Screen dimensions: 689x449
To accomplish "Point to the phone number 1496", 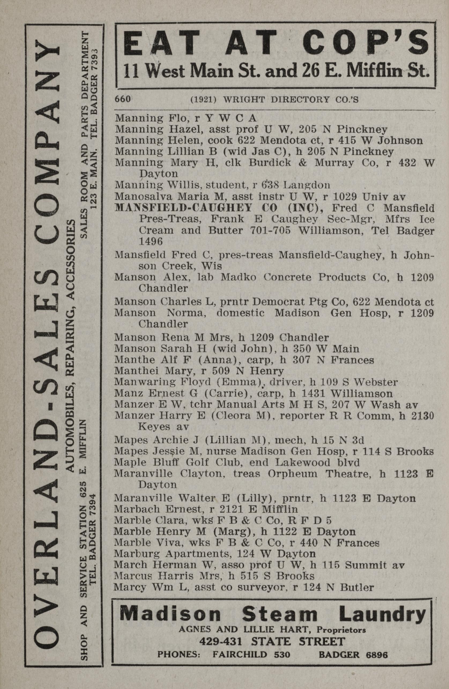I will click(151, 241).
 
